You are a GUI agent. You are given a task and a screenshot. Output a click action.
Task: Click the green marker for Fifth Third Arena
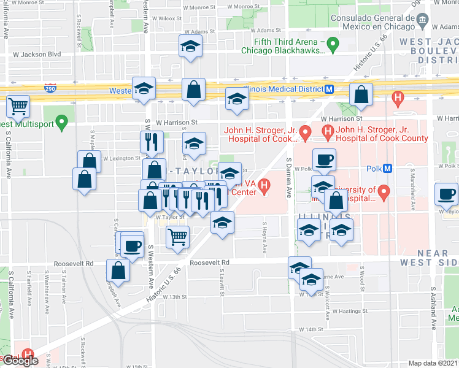333,44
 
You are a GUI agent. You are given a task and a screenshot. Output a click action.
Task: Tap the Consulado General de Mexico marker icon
423,21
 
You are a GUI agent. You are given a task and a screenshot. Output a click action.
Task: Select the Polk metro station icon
388,169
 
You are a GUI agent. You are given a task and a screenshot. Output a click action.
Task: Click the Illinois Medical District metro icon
330,89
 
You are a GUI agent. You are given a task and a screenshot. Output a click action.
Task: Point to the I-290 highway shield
51,89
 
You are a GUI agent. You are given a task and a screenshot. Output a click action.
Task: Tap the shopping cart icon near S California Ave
18,105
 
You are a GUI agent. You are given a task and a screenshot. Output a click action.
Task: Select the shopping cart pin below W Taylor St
177,236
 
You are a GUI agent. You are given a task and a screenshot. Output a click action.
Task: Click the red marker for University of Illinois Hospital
385,193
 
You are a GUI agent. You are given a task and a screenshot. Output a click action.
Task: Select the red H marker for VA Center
264,185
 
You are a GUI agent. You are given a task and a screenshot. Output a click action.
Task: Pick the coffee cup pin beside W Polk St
324,160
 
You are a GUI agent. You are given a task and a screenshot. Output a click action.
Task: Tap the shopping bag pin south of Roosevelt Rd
118,270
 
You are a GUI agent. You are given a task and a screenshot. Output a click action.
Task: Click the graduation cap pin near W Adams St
190,46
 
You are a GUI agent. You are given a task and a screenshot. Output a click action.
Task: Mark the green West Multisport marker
61,123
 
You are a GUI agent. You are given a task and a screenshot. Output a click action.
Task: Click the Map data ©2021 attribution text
433,363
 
